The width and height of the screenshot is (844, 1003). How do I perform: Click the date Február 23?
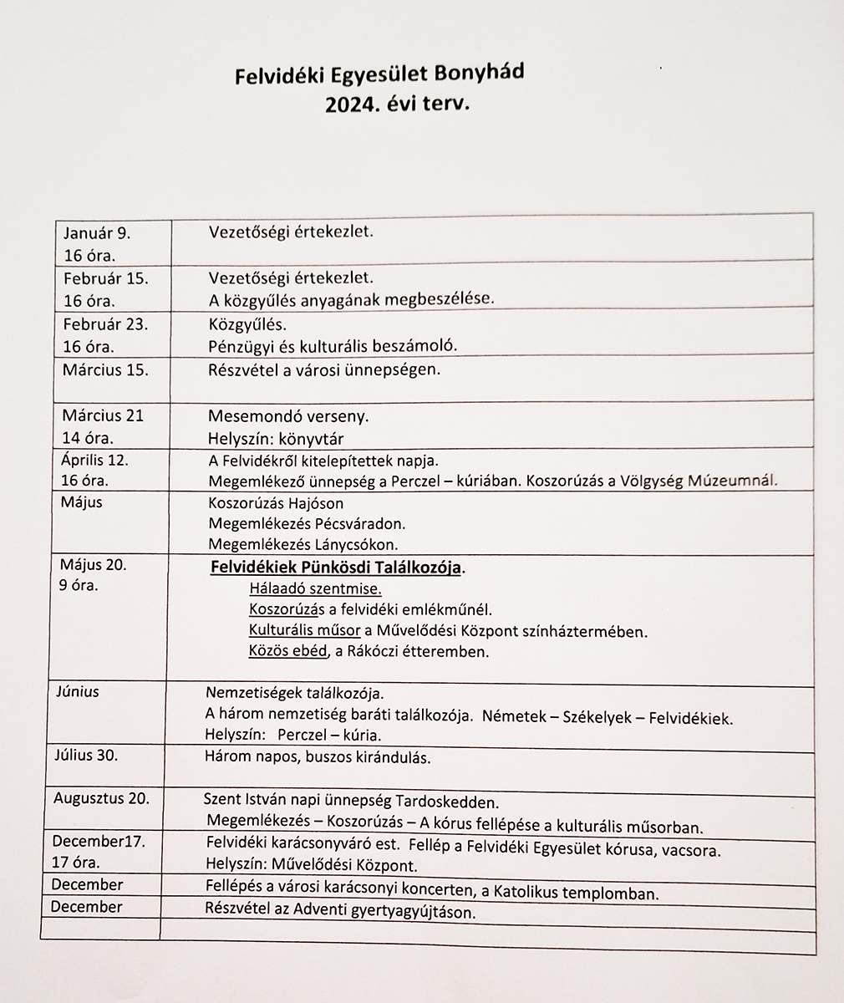point(106,324)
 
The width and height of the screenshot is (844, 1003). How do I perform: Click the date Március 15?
point(105,369)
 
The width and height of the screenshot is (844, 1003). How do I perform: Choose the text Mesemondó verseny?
point(288,415)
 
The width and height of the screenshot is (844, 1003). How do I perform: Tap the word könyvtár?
point(311,438)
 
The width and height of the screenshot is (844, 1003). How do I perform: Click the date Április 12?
point(95,459)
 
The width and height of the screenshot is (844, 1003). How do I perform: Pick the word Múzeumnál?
point(731,480)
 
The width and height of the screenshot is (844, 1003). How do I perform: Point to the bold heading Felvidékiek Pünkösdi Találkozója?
point(336,568)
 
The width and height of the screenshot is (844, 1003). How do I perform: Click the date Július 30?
point(87,756)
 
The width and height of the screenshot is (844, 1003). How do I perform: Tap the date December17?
point(99,842)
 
